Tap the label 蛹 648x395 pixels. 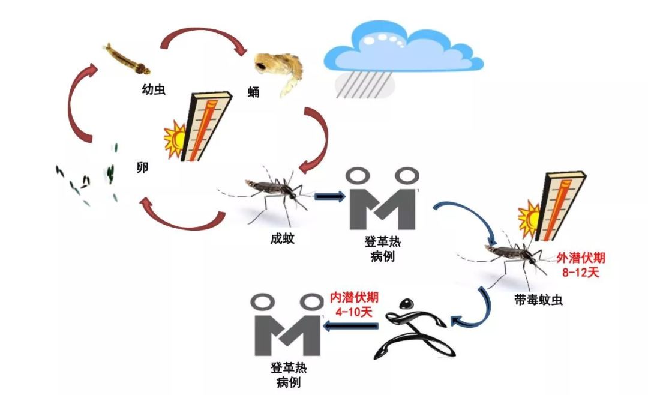pos(254,92)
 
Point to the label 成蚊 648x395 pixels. pos(282,238)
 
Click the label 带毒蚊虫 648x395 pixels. pos(538,298)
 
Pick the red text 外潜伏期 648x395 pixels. pos(580,258)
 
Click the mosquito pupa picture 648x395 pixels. pos(278,70)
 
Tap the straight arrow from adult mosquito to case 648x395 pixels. pos(328,196)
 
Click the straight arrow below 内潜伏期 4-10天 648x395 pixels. pos(352,326)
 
